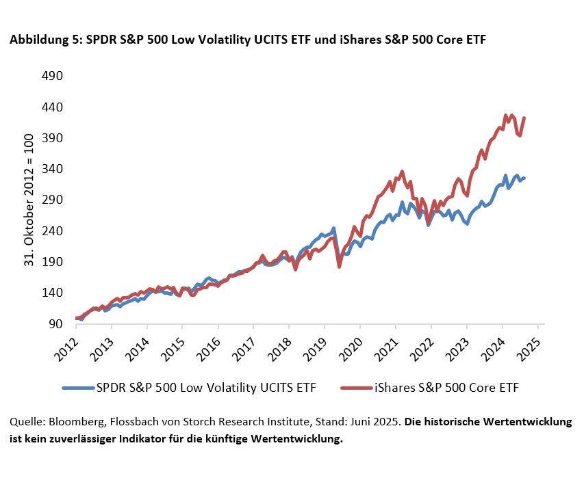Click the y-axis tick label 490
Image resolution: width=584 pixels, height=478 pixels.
(x=53, y=76)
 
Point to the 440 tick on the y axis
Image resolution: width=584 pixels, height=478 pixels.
(x=53, y=107)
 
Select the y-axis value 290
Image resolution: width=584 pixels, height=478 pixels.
(x=53, y=200)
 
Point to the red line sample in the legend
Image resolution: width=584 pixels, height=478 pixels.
(x=356, y=388)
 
